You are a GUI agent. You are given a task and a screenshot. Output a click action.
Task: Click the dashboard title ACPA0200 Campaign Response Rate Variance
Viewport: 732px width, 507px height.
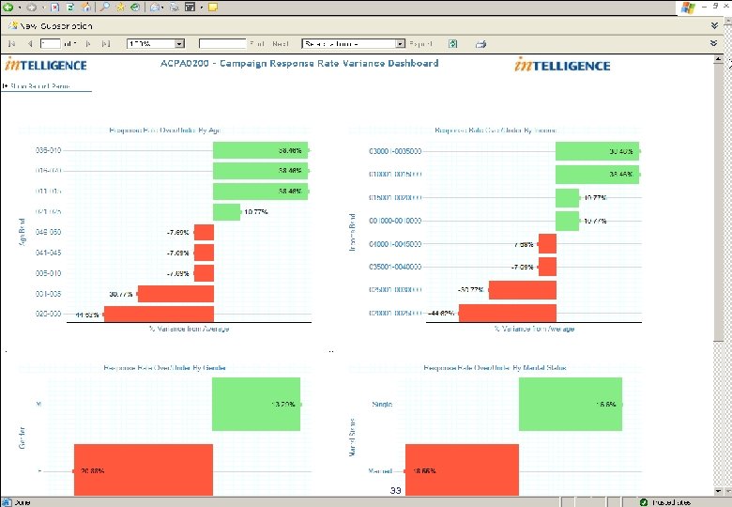pos(298,64)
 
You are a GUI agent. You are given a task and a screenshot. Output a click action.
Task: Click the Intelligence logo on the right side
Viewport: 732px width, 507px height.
pos(561,65)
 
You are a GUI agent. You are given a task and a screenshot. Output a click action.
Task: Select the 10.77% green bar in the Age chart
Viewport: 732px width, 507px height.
pos(227,212)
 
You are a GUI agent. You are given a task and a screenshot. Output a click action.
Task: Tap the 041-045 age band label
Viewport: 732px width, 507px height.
pos(48,253)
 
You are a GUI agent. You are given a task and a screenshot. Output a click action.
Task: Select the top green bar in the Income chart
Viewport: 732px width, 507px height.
pos(597,151)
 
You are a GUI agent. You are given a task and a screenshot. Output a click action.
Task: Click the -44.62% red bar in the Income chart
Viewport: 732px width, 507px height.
pos(507,314)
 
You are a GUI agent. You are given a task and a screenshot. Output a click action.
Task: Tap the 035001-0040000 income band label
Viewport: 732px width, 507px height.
pos(396,268)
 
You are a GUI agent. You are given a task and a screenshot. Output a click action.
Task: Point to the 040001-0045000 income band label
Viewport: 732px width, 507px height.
pos(396,244)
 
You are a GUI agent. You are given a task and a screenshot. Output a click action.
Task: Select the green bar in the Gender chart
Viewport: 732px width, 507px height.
pos(256,405)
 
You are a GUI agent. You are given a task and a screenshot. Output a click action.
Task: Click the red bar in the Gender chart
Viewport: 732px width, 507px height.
pos(144,469)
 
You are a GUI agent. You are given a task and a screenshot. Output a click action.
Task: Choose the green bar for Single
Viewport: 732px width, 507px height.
pos(570,405)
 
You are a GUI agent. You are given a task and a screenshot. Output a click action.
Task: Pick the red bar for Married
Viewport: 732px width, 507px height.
pos(462,469)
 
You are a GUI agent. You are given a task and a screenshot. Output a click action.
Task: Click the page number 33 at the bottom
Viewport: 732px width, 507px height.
pos(396,491)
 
